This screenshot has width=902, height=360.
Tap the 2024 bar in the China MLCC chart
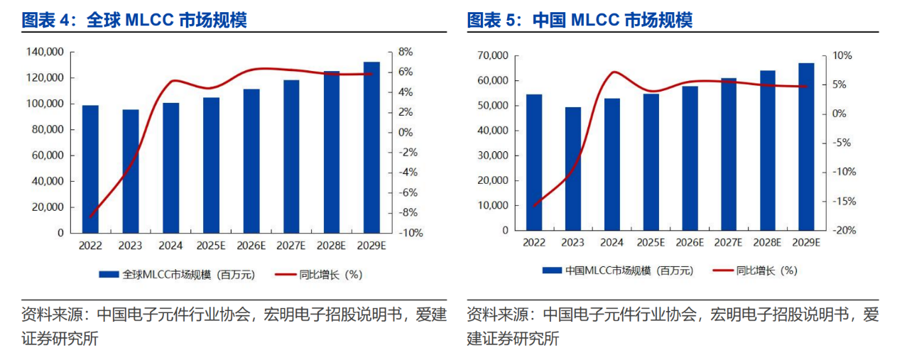tap(612, 164)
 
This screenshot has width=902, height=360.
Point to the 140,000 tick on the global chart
tap(45, 52)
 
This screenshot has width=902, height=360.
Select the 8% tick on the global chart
tap(406, 52)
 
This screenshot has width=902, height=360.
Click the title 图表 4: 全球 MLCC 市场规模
tap(134, 20)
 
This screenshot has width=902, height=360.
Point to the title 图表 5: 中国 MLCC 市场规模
tap(579, 20)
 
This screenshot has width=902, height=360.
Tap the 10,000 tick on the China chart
tap(491, 205)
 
